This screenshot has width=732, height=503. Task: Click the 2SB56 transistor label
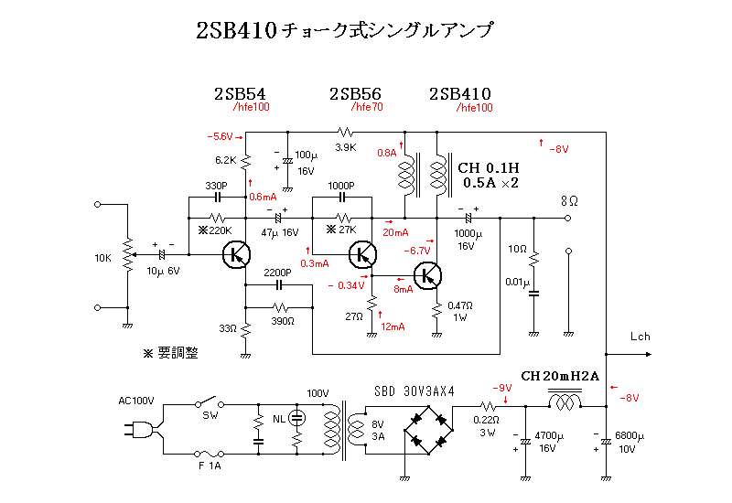pos(355,94)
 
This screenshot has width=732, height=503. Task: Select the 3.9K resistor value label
pos(345,147)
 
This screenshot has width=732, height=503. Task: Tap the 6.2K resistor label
pos(226,160)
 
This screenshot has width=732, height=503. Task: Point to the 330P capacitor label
pos(217,184)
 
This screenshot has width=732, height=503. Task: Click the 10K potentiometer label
pos(103,259)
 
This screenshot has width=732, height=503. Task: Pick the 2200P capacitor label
pos(276,273)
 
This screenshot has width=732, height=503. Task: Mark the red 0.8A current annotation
pos(387,153)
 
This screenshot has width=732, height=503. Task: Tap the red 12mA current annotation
pos(392,326)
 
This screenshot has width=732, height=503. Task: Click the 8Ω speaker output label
pos(569,199)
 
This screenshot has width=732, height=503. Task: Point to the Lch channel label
pos(640,337)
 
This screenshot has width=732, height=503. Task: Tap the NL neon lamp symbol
pos(296,418)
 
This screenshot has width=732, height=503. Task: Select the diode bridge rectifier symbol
pos(430,427)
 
